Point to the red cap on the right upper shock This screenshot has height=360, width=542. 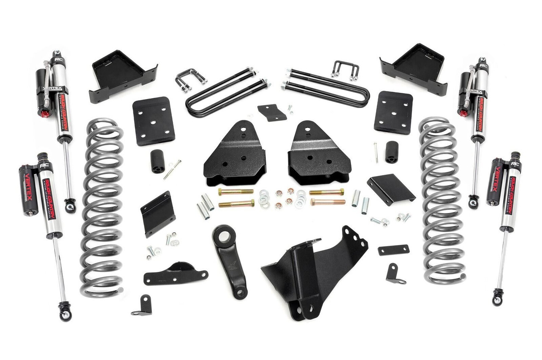464,113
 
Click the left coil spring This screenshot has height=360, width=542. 102,208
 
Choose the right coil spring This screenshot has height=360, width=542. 441,201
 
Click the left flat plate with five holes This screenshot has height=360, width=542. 153,121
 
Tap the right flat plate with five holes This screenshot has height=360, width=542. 393,112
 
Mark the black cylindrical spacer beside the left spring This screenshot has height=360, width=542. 158,161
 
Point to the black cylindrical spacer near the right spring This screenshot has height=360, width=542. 392,152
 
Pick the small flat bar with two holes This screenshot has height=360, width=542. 393,250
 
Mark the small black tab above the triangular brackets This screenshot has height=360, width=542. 271,112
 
